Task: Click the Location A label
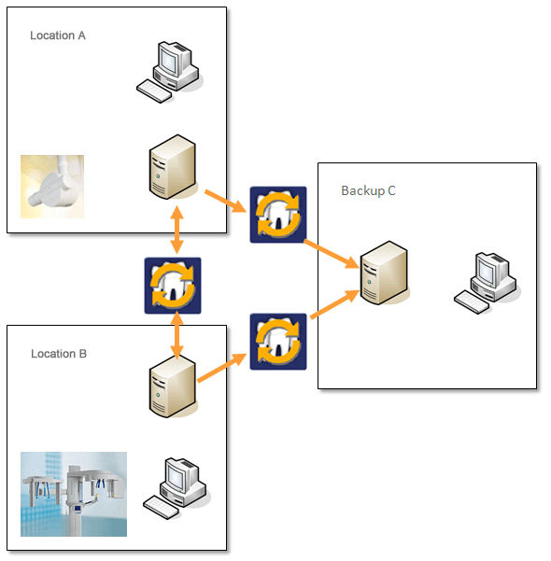click(x=58, y=35)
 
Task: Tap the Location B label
click(x=59, y=354)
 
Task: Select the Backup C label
click(x=368, y=190)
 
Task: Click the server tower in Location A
click(x=173, y=167)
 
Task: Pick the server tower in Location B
click(x=173, y=386)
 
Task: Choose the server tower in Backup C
click(x=384, y=273)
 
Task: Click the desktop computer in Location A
click(x=169, y=72)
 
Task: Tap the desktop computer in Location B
click(x=177, y=488)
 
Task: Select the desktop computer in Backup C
click(x=487, y=283)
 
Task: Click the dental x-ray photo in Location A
click(x=52, y=187)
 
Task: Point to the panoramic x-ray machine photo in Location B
click(x=74, y=494)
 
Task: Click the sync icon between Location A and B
click(x=173, y=286)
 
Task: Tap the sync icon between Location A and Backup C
click(x=278, y=215)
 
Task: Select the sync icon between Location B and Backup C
click(x=278, y=342)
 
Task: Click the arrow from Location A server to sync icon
click(x=226, y=202)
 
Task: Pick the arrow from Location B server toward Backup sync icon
click(x=222, y=368)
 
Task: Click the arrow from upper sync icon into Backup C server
click(x=332, y=254)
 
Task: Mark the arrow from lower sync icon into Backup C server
click(x=334, y=303)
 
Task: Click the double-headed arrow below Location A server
click(x=177, y=230)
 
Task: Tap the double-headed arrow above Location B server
click(x=177, y=335)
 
